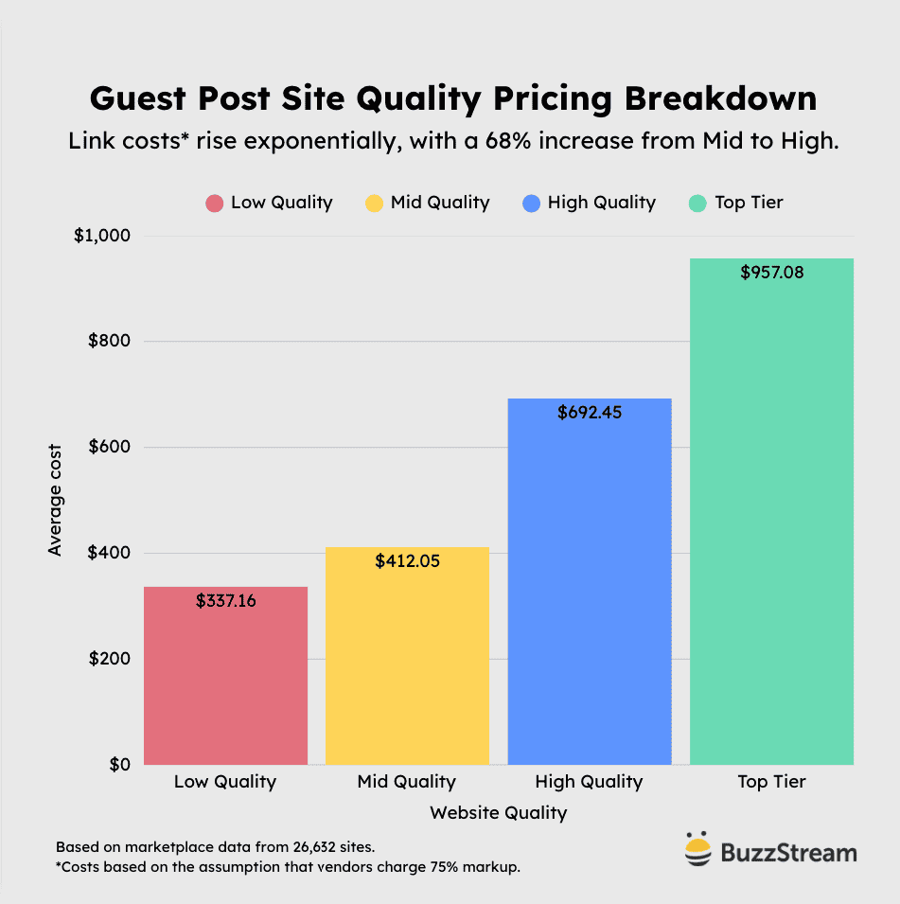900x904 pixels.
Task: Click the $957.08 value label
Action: tap(771, 273)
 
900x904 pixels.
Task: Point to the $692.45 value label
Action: tap(590, 413)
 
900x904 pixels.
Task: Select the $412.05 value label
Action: tap(407, 561)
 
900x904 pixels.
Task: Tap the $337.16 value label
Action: tap(225, 600)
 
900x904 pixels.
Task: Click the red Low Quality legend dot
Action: tap(215, 203)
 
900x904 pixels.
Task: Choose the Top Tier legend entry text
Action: tap(749, 202)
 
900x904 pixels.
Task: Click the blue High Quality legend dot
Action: tap(531, 203)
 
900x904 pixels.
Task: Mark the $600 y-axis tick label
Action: tap(109, 447)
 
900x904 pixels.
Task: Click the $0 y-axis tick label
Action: tap(118, 764)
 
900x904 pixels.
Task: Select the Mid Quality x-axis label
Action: tap(407, 782)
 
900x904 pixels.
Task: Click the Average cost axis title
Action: tap(55, 500)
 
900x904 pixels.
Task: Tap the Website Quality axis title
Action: tap(499, 813)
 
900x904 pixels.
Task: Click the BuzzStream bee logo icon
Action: tap(697, 849)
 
